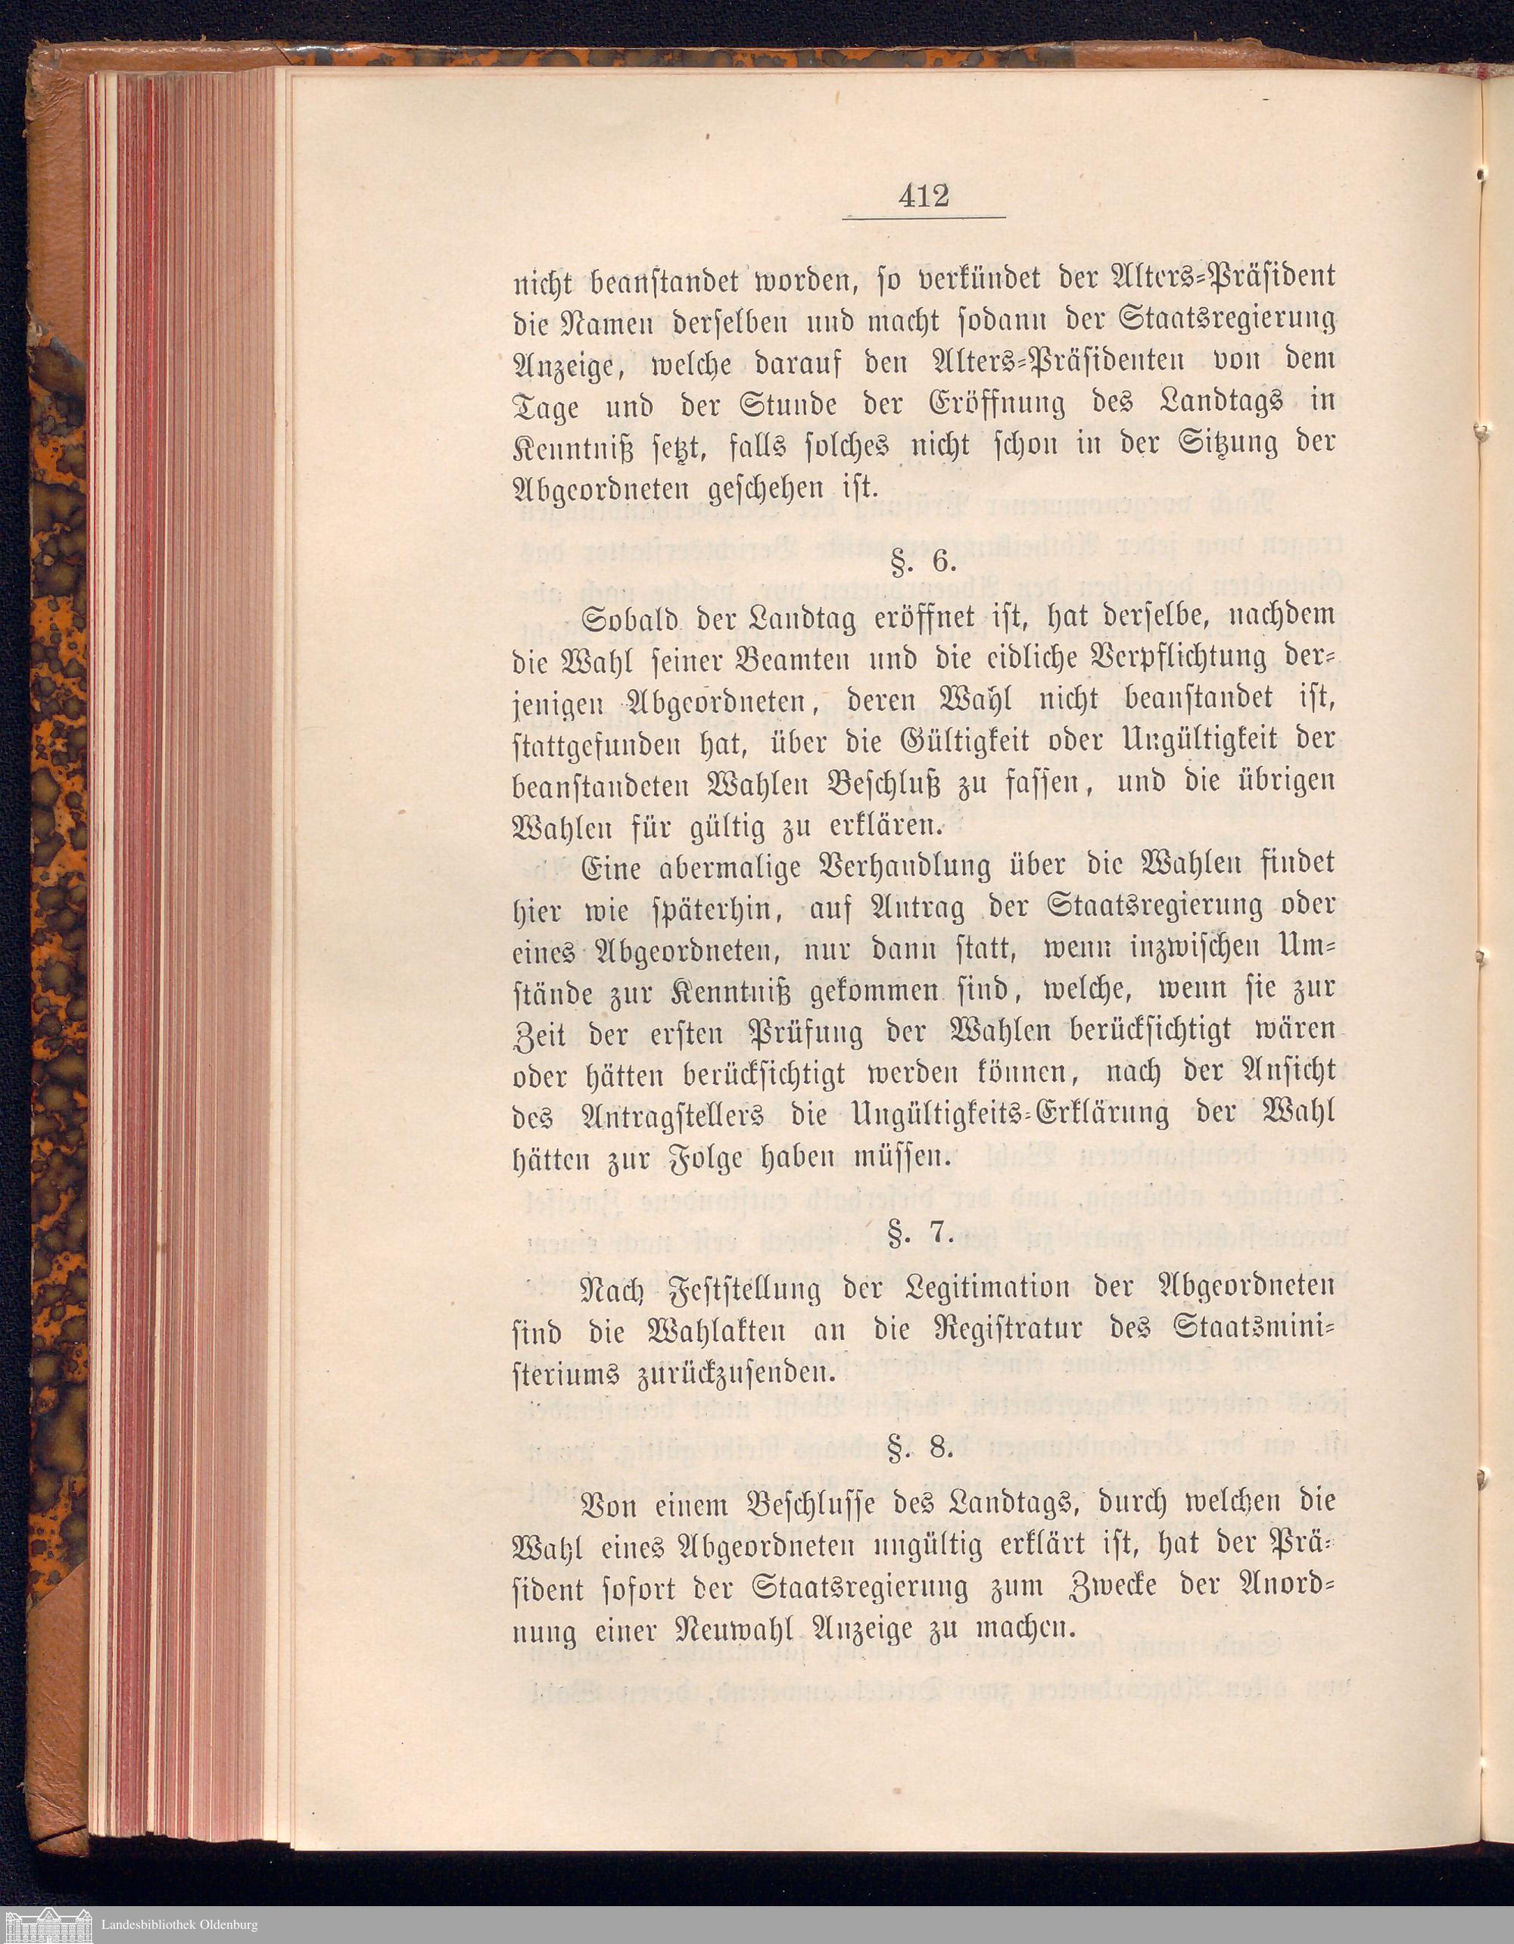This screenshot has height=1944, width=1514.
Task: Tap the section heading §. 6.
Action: pyautogui.click(x=925, y=563)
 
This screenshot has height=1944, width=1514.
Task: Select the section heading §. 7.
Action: pyautogui.click(x=926, y=1236)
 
